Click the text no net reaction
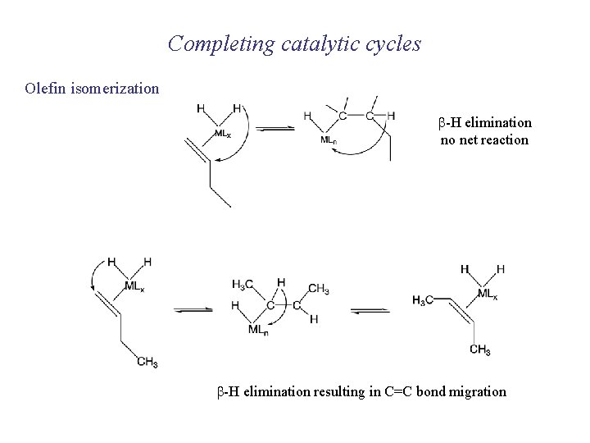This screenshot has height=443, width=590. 484,140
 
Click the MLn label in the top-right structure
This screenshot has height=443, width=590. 329,139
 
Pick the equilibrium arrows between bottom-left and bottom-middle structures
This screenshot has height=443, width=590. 194,309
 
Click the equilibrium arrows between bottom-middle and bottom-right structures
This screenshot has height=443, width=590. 370,309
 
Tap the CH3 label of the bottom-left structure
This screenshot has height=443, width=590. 147,362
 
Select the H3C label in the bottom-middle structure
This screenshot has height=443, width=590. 243,285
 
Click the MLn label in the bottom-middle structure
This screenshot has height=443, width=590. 258,331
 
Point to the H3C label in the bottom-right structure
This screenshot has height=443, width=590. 424,299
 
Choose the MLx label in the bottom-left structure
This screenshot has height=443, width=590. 136,286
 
